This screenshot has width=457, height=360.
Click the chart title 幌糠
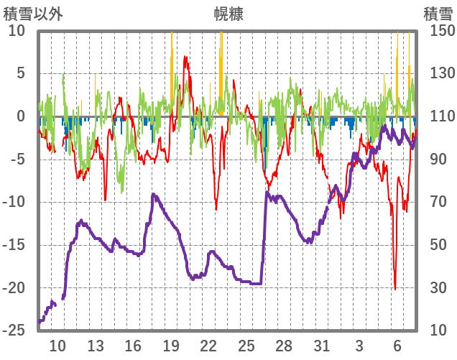pyautogui.click(x=228, y=14)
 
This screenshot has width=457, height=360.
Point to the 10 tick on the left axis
pyautogui.click(x=17, y=31)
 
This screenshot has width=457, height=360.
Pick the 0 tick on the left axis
pyautogui.click(x=20, y=116)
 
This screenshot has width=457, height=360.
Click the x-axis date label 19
pyautogui.click(x=171, y=345)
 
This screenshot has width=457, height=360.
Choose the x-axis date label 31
pyautogui.click(x=321, y=345)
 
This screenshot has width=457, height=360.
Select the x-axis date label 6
pyautogui.click(x=397, y=345)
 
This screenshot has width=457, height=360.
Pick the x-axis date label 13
pyautogui.click(x=96, y=345)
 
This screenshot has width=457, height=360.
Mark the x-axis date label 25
pyautogui.click(x=246, y=345)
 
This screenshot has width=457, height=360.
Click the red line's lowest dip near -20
pyautogui.click(x=395, y=288)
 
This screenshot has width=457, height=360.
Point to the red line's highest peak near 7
pyautogui.click(x=186, y=57)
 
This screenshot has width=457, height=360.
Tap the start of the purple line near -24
pyautogui.click(x=40, y=321)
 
